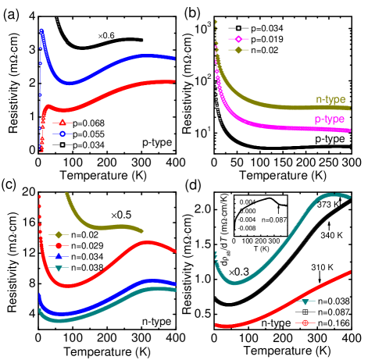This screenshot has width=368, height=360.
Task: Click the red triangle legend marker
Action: click(x=63, y=123)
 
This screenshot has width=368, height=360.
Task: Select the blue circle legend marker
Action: click(x=63, y=134)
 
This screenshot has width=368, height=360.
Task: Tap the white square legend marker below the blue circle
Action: click(x=63, y=144)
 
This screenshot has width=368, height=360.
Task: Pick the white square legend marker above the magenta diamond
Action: click(x=238, y=28)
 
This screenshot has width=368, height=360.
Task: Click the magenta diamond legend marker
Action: click(x=238, y=39)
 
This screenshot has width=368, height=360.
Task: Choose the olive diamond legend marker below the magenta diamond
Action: click(x=238, y=50)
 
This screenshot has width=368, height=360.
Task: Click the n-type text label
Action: click(x=330, y=100)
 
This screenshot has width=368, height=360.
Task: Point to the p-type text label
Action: click(x=330, y=119)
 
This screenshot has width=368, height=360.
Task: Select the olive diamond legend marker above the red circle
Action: click(x=59, y=234)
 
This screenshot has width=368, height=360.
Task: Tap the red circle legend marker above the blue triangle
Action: click(x=59, y=246)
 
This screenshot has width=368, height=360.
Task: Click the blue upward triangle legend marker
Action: click(x=59, y=256)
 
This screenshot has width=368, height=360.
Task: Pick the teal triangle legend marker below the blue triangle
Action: click(x=59, y=268)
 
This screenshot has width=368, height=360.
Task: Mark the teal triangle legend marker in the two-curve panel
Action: click(x=305, y=301)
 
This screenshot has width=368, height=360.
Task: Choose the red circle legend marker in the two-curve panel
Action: click(x=305, y=323)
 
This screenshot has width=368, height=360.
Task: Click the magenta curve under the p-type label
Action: click(x=313, y=128)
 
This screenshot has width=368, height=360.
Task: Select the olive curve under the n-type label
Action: click(x=313, y=107)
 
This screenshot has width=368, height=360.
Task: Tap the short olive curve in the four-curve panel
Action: click(x=102, y=227)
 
